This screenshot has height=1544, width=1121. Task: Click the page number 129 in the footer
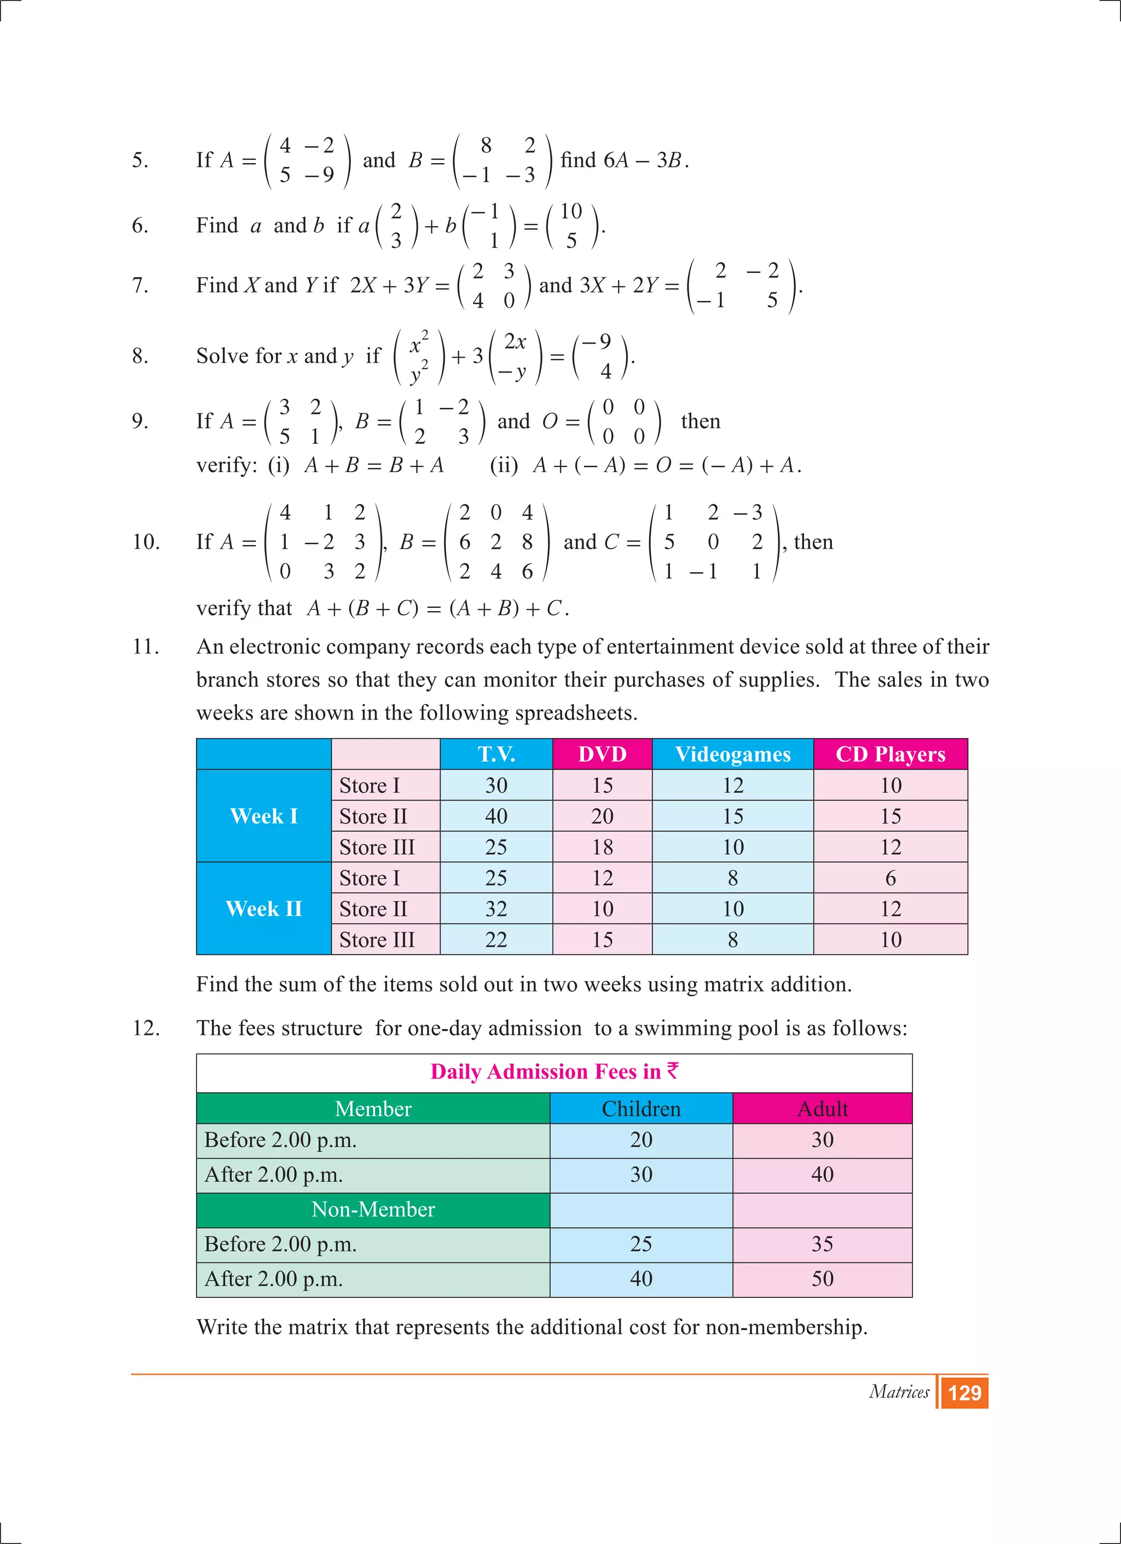pyautogui.click(x=964, y=1392)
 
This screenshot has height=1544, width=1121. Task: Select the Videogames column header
pyautogui.click(x=732, y=754)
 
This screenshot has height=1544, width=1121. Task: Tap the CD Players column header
pyautogui.click(x=890, y=754)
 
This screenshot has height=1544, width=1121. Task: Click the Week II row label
pyautogui.click(x=264, y=909)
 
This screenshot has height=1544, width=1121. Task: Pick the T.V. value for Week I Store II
pyautogui.click(x=496, y=816)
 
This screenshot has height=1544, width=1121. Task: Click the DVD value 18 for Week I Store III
pyautogui.click(x=602, y=847)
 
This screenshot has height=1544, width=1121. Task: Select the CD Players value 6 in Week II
pyautogui.click(x=890, y=878)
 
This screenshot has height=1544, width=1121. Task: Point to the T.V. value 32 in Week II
pyautogui.click(x=496, y=909)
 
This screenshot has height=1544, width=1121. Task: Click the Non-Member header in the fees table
pyautogui.click(x=373, y=1210)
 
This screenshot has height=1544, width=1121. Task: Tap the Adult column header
pyautogui.click(x=822, y=1109)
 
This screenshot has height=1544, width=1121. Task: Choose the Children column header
pyautogui.click(x=641, y=1109)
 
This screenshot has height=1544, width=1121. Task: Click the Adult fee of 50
pyautogui.click(x=822, y=1279)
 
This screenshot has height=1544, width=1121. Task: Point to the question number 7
pyautogui.click(x=140, y=285)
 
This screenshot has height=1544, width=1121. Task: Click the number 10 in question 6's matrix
pyautogui.click(x=571, y=212)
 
